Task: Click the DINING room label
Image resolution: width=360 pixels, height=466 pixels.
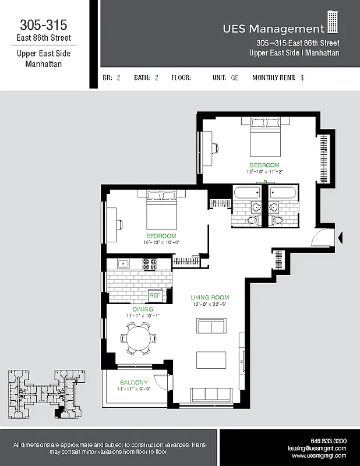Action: (143, 309)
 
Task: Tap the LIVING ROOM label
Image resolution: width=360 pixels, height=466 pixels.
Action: (210, 297)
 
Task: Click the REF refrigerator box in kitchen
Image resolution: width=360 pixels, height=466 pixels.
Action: (156, 295)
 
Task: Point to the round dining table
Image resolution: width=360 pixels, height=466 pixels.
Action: (139, 339)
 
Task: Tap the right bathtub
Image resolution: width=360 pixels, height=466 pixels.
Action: (284, 192)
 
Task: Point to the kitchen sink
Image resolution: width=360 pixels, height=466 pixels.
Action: (122, 264)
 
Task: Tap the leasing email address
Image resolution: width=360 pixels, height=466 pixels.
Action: (317, 449)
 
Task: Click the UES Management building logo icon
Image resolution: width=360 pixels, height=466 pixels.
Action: (333, 23)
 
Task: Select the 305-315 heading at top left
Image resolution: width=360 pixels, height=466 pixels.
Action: (44, 25)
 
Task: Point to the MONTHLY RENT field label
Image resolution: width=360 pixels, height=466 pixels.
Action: (274, 77)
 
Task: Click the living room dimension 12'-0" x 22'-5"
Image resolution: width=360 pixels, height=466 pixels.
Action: (210, 303)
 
